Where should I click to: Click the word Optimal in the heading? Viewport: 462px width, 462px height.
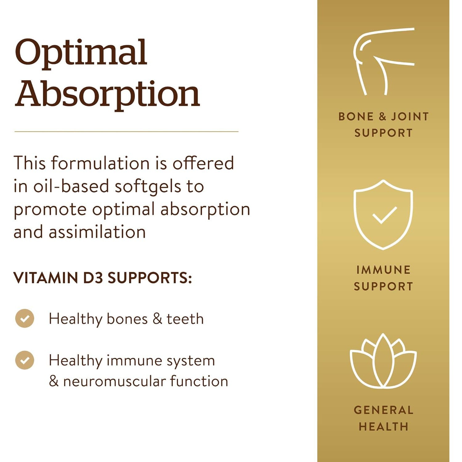pyautogui.click(x=81, y=53)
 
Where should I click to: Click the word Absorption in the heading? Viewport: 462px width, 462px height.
pyautogui.click(x=107, y=94)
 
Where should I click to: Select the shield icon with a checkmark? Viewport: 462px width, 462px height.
pyautogui.click(x=383, y=214)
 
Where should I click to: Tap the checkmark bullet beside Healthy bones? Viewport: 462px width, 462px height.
pyautogui.click(x=25, y=318)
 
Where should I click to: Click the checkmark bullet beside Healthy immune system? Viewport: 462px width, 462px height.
pyautogui.click(x=25, y=360)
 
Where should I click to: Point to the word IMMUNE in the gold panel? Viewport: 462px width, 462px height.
pyautogui.click(x=383, y=270)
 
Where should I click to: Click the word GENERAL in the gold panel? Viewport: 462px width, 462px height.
pyautogui.click(x=383, y=410)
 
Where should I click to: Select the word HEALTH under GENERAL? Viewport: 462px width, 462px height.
pyautogui.click(x=383, y=427)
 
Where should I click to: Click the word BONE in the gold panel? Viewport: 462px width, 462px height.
pyautogui.click(x=356, y=116)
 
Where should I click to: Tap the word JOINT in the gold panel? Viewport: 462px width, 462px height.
pyautogui.click(x=410, y=116)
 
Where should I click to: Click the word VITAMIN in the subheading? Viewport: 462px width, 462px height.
pyautogui.click(x=46, y=278)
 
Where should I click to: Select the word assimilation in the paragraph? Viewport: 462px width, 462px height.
pyautogui.click(x=97, y=232)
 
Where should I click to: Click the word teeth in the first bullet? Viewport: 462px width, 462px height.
pyautogui.click(x=185, y=319)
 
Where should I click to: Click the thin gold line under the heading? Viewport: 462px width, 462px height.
pyautogui.click(x=126, y=132)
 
